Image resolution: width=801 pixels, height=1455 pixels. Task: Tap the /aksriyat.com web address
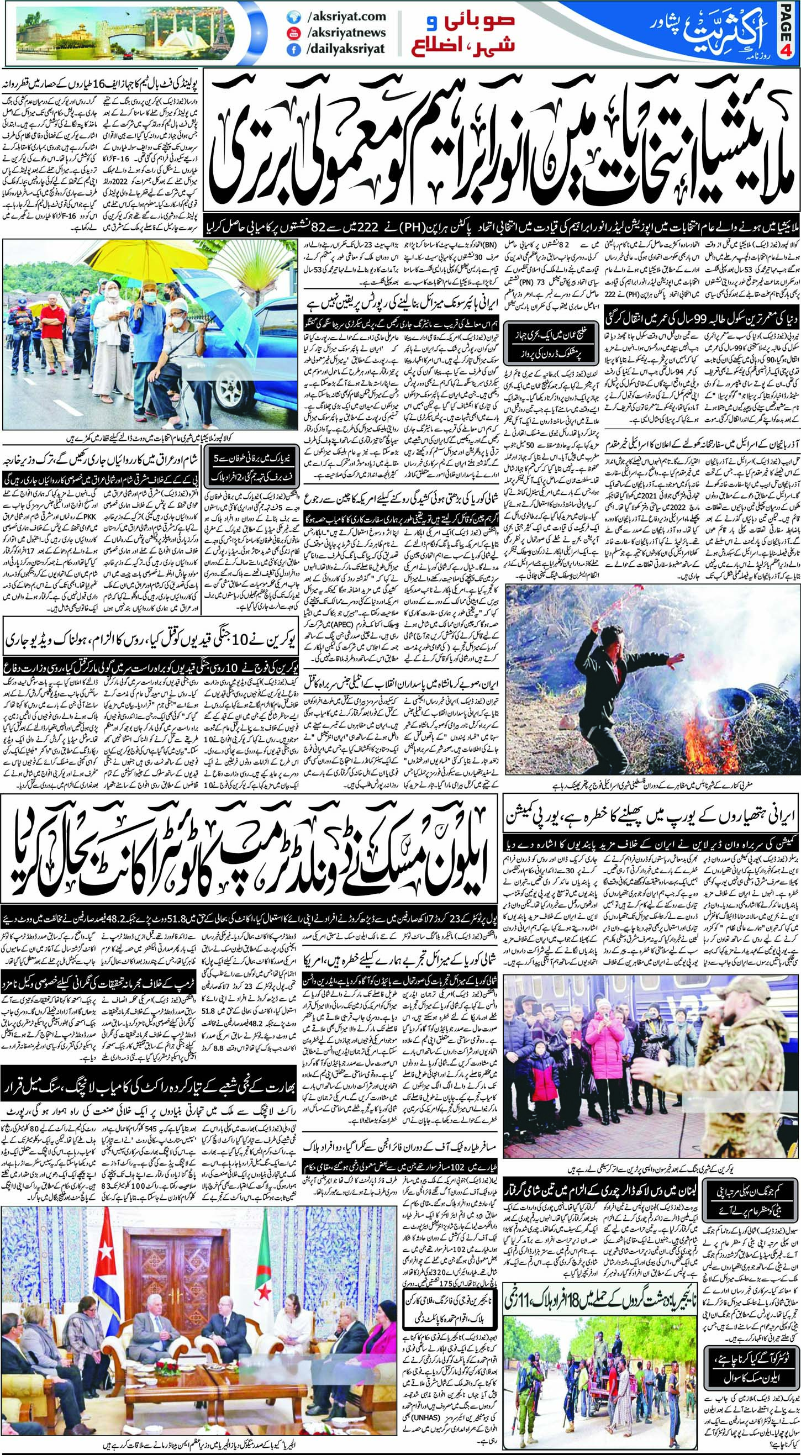tap(345, 17)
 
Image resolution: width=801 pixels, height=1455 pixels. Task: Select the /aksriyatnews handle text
tap(345, 33)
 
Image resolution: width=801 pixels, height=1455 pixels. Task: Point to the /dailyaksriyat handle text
tap(345, 49)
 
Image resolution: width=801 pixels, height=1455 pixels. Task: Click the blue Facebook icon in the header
tap(293, 49)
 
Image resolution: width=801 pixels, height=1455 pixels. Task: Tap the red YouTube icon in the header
tap(293, 33)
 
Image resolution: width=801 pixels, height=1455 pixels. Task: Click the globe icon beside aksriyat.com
tap(293, 17)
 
